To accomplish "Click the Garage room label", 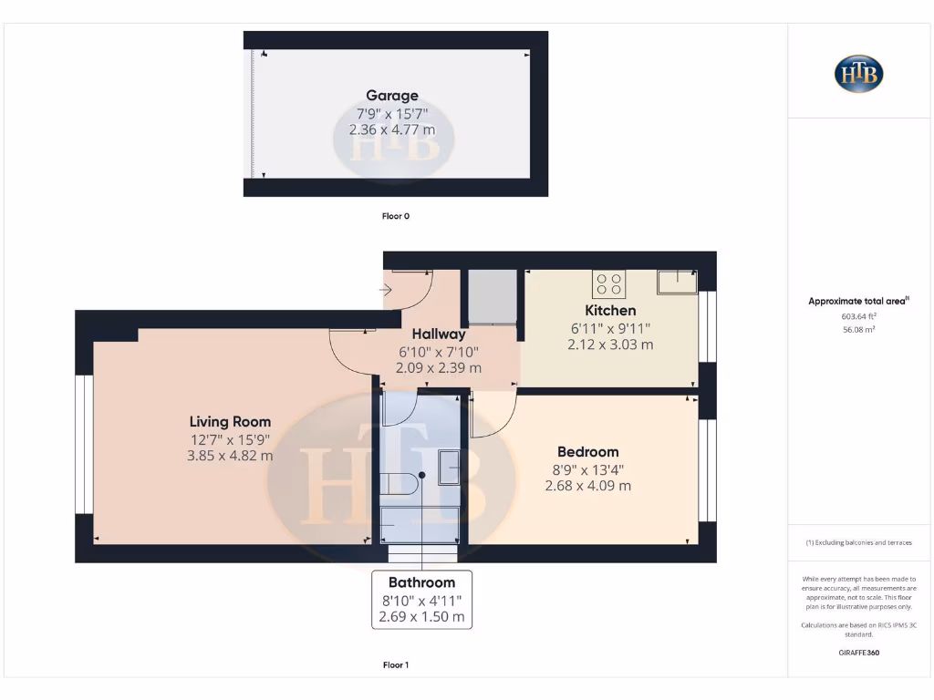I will pos(392,96).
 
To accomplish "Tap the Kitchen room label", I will pos(610,311).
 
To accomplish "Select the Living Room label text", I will pos(230,422).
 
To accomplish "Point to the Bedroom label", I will pos(587,452).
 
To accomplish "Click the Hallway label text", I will pos(439,335).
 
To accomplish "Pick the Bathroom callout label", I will pos(421,582).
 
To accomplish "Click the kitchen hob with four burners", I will pos(609,284).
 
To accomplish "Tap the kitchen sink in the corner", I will pos(676,282).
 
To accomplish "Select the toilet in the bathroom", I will pos(395,484).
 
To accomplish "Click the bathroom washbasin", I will pos(450,467).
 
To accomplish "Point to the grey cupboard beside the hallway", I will pos(492,296).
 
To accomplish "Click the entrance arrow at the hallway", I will pos(386,291).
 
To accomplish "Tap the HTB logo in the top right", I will pos(858,74).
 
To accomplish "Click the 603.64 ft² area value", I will pos(857,316).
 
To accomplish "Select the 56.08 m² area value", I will pos(857,330).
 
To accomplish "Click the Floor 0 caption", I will pos(395,217).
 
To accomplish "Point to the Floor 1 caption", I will pos(395,665).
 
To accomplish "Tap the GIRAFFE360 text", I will pos(857,653).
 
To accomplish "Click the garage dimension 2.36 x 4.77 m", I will pos(392,130).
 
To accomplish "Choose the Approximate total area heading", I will pos(857,301).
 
